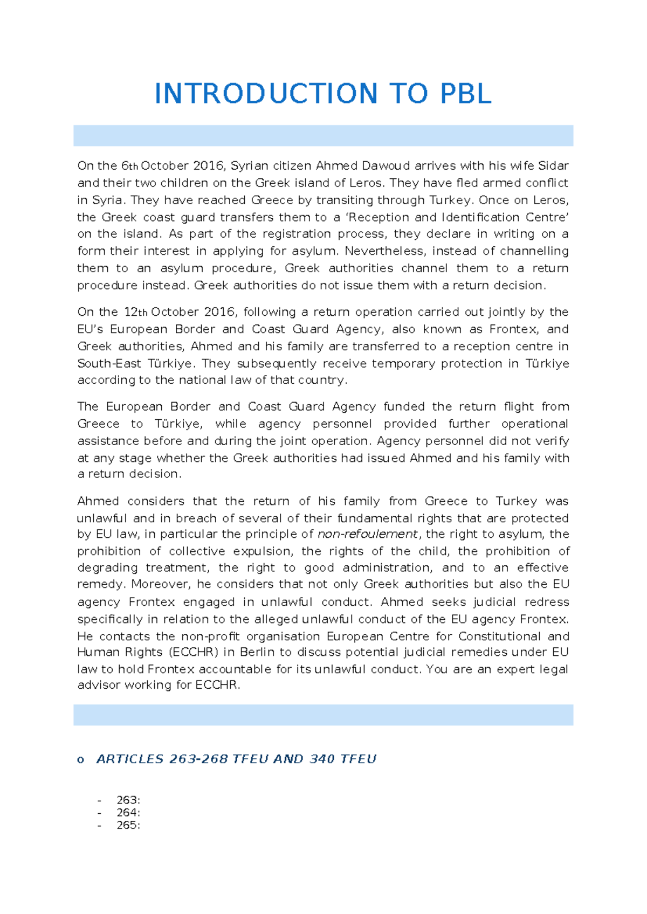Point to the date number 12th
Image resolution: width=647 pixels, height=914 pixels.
coord(135,313)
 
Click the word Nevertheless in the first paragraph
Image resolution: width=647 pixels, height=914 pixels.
coord(385,251)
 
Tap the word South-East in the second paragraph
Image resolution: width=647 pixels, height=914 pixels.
coord(109,364)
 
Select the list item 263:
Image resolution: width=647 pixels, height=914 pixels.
coord(128,800)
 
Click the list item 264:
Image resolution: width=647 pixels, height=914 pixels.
coord(128,813)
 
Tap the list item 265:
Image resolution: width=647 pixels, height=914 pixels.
coord(128,826)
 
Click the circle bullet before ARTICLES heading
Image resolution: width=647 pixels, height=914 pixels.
coord(81,760)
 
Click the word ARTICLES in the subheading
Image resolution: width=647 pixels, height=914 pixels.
coord(129,759)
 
